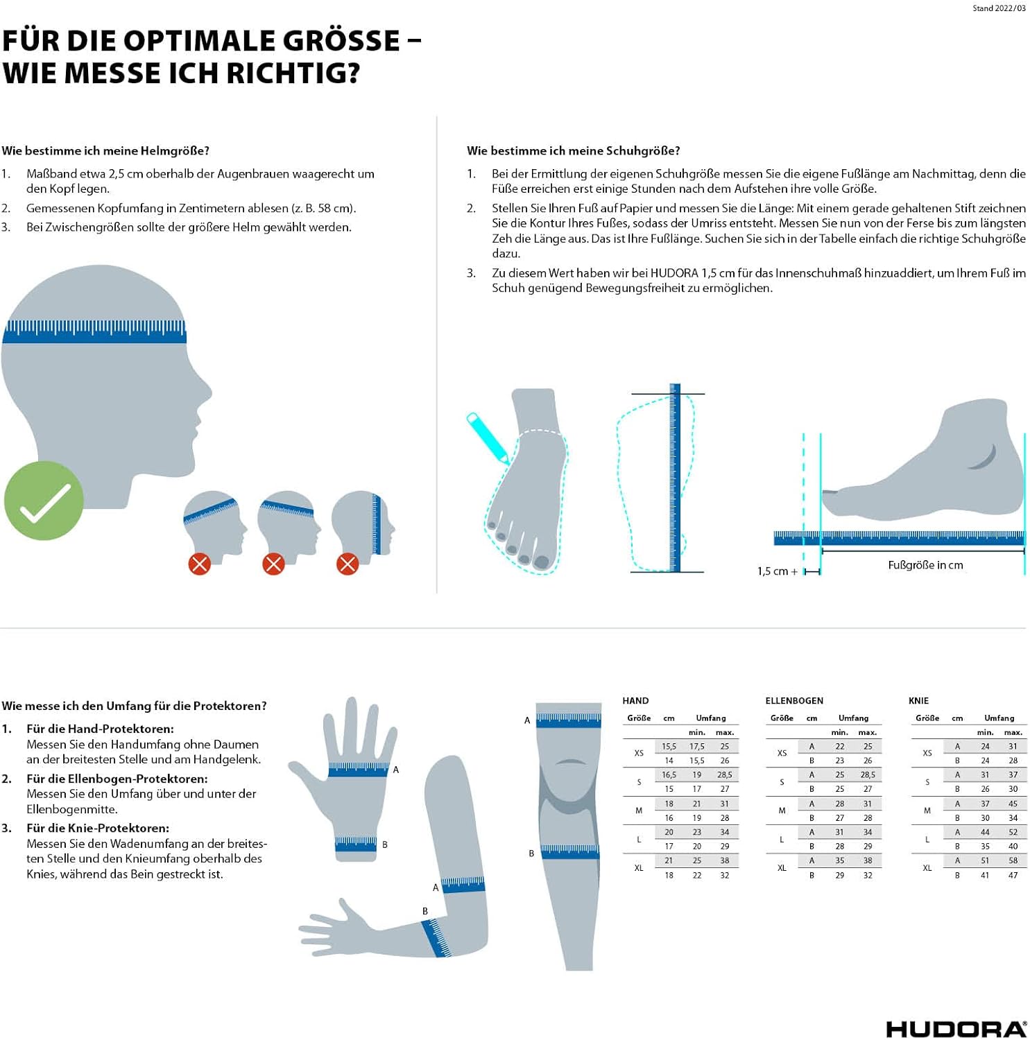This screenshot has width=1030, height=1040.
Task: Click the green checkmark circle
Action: pos(44,501)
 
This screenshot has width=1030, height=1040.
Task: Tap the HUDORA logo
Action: pos(956,1030)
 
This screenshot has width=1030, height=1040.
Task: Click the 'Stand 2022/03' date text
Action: pos(999,8)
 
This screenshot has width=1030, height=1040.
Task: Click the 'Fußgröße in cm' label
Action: pos(925,565)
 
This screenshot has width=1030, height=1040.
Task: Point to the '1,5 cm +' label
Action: pos(778,571)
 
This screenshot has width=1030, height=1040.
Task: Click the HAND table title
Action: pos(635,701)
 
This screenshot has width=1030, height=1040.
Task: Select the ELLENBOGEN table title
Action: pos(794,701)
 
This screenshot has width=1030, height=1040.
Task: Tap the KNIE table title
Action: pos(918,701)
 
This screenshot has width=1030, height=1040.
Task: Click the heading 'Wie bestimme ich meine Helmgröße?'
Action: pos(105,151)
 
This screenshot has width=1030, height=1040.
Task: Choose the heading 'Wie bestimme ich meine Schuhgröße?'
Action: pos(574,151)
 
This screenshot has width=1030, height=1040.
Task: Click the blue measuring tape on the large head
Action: pos(94,331)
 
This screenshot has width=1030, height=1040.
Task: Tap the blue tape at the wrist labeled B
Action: pos(356,844)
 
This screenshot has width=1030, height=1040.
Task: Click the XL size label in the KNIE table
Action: pos(927,868)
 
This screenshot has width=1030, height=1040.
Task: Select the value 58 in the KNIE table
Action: pos(1013,860)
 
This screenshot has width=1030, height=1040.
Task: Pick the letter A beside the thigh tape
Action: pos(527,720)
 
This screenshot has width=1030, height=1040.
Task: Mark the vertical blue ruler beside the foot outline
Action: pos(675,478)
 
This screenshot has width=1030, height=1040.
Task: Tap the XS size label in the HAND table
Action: pos(639,753)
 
